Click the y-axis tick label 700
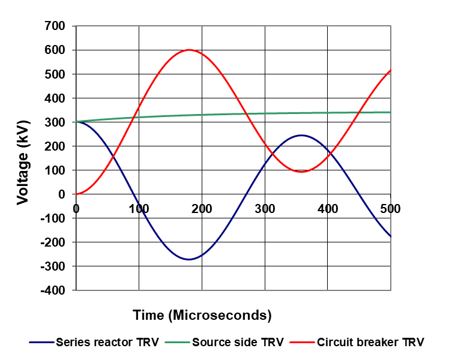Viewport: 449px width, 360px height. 54,26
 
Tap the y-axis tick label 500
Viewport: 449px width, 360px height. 54,74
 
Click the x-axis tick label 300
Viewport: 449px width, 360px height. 264,209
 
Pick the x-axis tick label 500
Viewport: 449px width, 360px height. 390,209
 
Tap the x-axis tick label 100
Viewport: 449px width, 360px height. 139,209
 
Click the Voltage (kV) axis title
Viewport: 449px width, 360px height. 23,158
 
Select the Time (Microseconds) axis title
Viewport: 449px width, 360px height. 202,314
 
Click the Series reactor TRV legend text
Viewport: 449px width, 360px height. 107,343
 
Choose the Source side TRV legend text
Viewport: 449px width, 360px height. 238,343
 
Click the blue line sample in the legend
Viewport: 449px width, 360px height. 41,343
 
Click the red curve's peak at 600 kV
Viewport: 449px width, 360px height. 189,50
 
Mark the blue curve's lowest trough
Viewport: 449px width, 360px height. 189,259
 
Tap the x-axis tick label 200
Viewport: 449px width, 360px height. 202,209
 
